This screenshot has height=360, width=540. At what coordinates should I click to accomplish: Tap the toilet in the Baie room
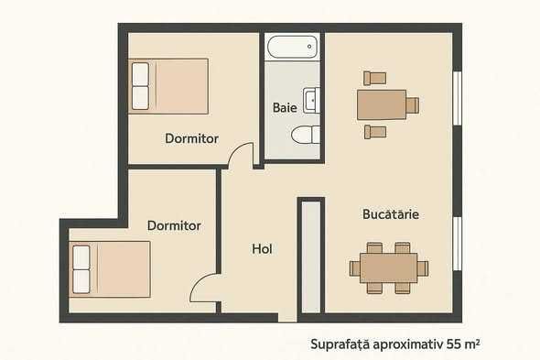306,136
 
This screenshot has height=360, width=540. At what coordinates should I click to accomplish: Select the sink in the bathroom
311,99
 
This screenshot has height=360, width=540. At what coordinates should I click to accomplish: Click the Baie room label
285,108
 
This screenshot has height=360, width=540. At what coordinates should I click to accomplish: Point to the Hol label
262,248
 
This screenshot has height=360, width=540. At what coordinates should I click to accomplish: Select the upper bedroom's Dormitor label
191,138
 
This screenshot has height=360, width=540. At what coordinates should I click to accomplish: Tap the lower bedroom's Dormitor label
174,224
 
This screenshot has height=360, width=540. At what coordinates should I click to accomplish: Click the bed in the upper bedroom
169,86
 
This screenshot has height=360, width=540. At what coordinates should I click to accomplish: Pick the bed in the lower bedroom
110,269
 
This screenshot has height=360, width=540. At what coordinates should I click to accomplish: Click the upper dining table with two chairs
382,104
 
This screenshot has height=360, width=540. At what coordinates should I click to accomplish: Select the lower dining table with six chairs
388,267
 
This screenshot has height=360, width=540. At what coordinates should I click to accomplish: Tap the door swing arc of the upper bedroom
241,155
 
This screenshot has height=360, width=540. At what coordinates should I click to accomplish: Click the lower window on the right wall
457,242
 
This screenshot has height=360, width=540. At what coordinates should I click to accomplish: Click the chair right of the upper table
413,104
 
